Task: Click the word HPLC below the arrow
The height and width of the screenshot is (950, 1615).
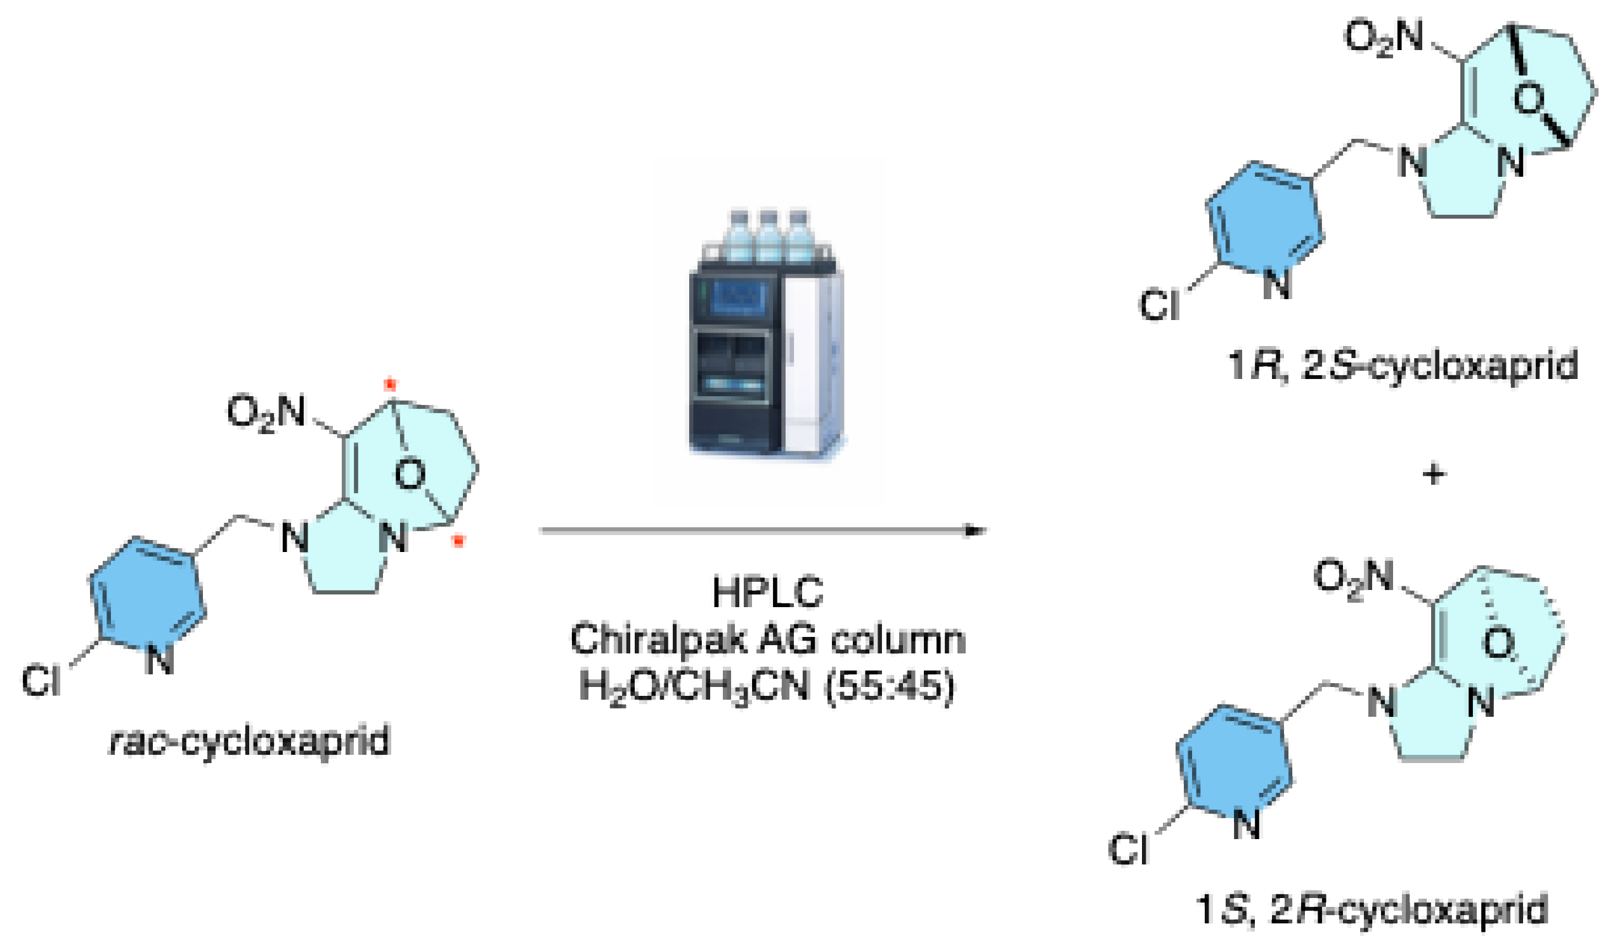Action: pos(767,593)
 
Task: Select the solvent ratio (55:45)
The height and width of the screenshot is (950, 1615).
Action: pos(890,686)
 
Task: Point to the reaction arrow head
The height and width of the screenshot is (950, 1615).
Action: pos(975,530)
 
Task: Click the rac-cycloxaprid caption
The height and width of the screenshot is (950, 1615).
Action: pos(250,741)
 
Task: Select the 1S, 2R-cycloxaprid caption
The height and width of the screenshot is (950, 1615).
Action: pos(1372,909)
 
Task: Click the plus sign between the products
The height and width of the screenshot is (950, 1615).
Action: pos(1434,475)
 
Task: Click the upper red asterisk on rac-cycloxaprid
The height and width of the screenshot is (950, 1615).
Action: pos(390,385)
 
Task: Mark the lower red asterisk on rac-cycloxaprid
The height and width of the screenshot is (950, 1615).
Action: pos(458,542)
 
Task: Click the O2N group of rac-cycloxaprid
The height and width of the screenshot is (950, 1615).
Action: pos(266,413)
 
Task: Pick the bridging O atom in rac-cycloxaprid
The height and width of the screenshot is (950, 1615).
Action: pos(410,475)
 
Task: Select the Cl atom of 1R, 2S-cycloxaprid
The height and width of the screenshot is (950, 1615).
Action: pos(1158,304)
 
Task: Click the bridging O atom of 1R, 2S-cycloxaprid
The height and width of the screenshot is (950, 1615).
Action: pos(1529,99)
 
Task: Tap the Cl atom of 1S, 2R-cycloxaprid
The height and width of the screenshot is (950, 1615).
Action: pos(1129,849)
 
